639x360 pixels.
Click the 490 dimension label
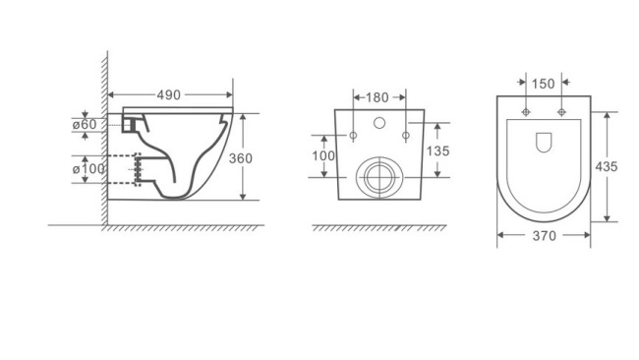pyautogui.click(x=170, y=95)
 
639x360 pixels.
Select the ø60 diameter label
pyautogui.click(x=86, y=124)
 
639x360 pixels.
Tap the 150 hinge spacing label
pyautogui.click(x=544, y=81)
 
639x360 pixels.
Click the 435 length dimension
pyautogui.click(x=607, y=166)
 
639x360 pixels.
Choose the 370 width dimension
pyautogui.click(x=544, y=236)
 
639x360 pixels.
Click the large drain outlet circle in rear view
pyautogui.click(x=378, y=178)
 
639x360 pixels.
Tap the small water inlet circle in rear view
pyautogui.click(x=379, y=125)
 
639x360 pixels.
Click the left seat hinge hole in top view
pyautogui.click(x=526, y=111)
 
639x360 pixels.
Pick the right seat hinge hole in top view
pyautogui.click(x=561, y=111)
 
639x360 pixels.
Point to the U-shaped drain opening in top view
pyautogui.click(x=544, y=143)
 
